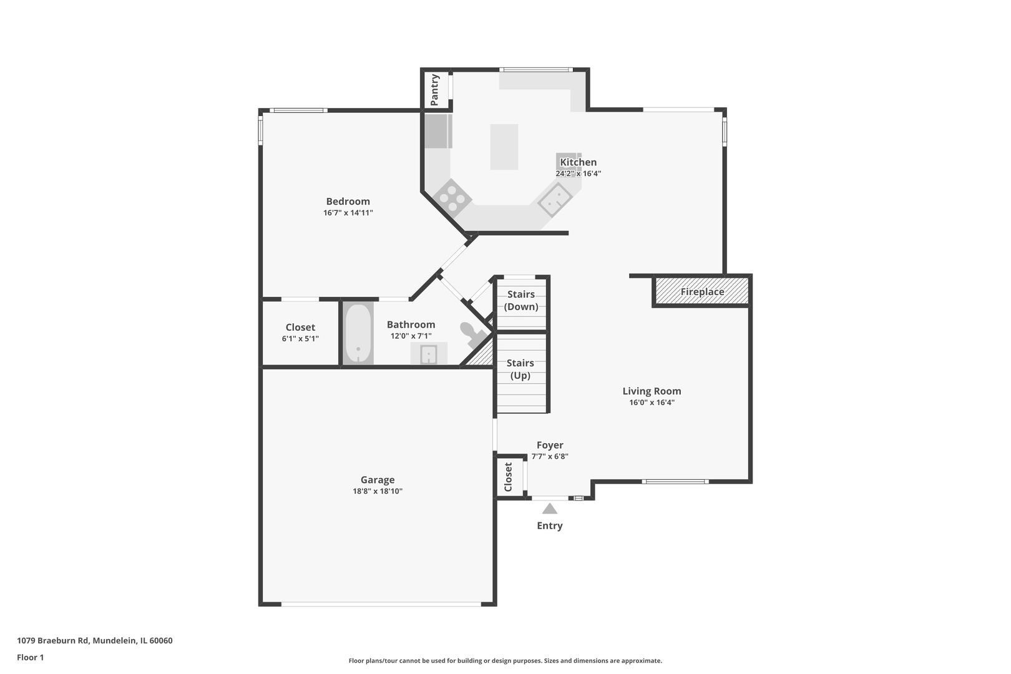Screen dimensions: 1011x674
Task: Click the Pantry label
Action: (x=434, y=90)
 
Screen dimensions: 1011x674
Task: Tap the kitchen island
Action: (x=504, y=147)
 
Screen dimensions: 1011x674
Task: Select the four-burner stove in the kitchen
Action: (x=452, y=198)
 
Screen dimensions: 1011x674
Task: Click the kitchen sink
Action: (x=555, y=199)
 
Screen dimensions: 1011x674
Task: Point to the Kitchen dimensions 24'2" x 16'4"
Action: (x=578, y=173)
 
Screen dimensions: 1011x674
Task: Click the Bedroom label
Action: (x=348, y=202)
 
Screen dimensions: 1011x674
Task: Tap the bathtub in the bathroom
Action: (x=358, y=333)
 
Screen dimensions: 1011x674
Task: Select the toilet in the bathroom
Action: (x=474, y=334)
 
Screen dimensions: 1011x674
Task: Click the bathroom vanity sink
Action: (x=429, y=353)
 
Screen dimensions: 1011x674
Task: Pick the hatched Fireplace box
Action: (x=702, y=291)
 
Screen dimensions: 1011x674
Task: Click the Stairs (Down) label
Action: (x=521, y=300)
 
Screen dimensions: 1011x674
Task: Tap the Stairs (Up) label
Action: (x=520, y=369)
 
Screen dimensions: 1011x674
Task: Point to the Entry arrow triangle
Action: (x=549, y=509)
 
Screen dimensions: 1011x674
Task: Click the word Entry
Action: (x=549, y=525)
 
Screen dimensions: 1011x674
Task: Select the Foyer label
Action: (x=550, y=445)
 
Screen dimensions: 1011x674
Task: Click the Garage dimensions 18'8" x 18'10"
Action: (x=378, y=491)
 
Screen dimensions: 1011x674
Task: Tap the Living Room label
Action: (x=652, y=391)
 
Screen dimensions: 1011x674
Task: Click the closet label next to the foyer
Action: (x=508, y=477)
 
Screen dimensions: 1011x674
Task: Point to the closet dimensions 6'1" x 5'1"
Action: (x=300, y=339)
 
